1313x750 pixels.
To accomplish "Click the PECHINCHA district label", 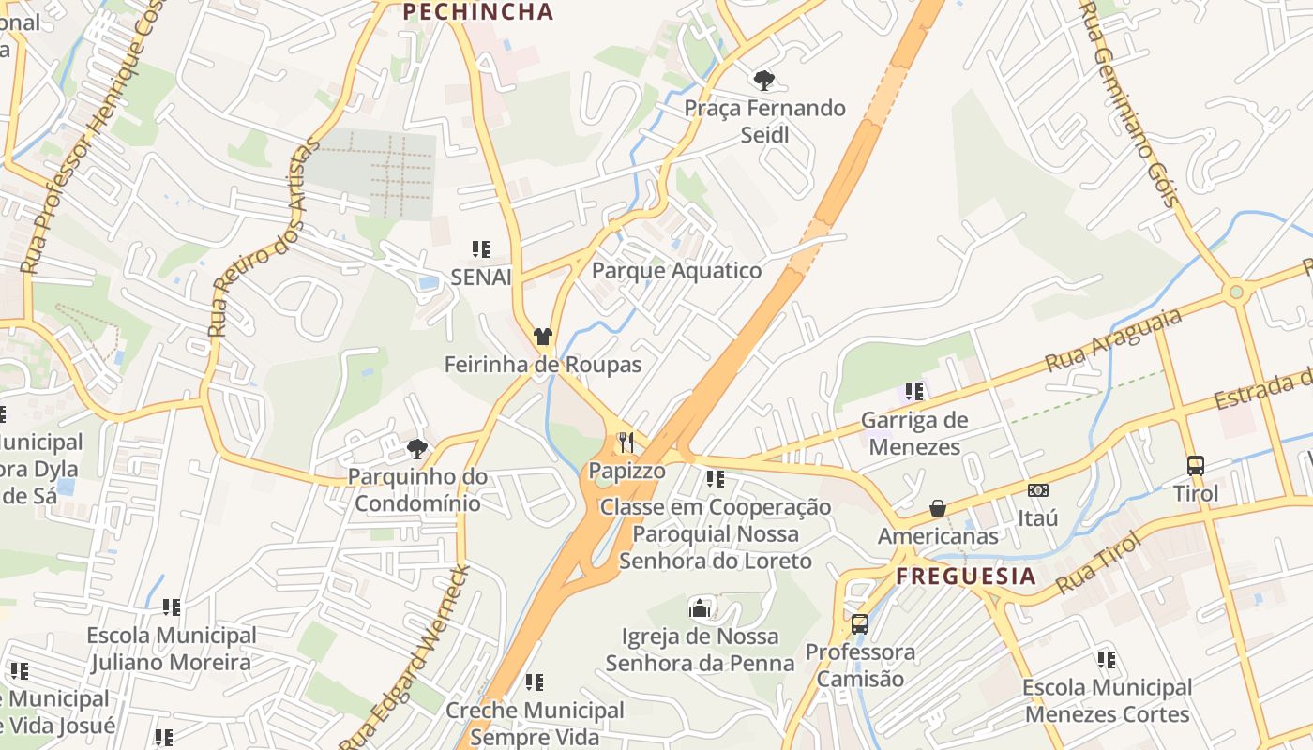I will [x=478, y=12].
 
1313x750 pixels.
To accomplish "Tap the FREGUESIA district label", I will [x=966, y=576].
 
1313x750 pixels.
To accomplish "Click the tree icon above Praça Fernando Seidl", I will [x=764, y=80].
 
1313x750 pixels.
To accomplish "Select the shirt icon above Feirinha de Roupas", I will [x=543, y=336].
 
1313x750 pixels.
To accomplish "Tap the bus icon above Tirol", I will [x=1196, y=465].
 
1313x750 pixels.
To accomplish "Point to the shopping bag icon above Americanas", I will [x=937, y=508].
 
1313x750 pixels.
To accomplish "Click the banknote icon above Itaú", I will [x=1037, y=490].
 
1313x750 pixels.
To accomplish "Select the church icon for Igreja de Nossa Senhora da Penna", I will [x=700, y=609].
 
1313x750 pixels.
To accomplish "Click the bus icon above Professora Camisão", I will [x=859, y=623].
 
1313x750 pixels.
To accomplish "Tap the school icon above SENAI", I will [x=481, y=249].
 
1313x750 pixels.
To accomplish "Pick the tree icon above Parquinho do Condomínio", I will [x=417, y=449].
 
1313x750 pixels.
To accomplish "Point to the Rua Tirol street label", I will [x=1096, y=563].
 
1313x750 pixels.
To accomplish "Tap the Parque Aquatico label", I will [x=676, y=271].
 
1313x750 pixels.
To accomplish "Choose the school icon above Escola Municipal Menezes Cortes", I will [x=1107, y=660].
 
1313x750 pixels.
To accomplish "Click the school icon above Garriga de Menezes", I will [x=914, y=392].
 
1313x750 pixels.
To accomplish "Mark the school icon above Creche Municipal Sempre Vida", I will [x=534, y=682].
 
